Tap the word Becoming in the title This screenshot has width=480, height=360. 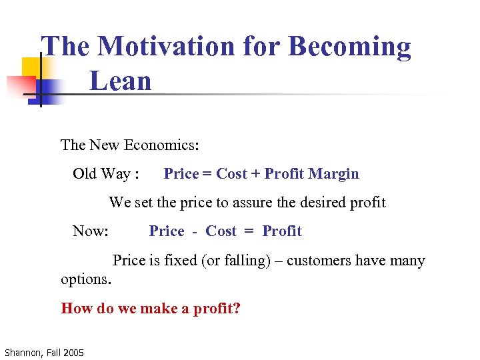350,47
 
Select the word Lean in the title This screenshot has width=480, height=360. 121,81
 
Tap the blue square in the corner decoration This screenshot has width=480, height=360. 50,91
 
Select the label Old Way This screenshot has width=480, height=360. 102,174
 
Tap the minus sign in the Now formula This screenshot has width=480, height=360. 195,231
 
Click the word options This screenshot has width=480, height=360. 86,279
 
